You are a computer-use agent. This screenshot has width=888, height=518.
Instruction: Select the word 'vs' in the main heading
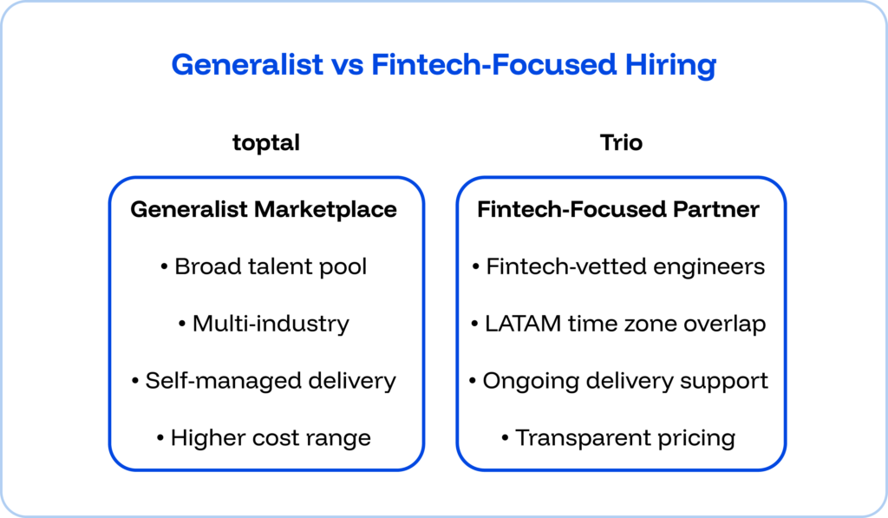346,65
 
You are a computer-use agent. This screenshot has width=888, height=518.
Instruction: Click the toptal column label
266,142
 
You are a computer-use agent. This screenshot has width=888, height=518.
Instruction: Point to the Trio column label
621,142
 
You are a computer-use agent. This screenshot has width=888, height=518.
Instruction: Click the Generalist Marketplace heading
264,209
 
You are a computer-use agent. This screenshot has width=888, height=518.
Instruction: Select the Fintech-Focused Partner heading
618,209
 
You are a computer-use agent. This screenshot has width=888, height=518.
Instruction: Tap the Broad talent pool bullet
264,266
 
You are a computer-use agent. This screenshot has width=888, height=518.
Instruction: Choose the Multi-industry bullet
264,324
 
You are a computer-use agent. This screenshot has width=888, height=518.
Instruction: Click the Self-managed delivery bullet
264,381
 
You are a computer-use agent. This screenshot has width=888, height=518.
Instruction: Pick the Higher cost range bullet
264,438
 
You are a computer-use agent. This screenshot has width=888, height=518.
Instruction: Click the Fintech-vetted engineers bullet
618,266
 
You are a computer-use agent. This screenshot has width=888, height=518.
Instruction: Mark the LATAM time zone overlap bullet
618,324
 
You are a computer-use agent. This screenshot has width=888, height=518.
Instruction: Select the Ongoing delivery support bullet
618,381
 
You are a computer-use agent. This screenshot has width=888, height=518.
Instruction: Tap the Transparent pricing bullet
618,438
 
